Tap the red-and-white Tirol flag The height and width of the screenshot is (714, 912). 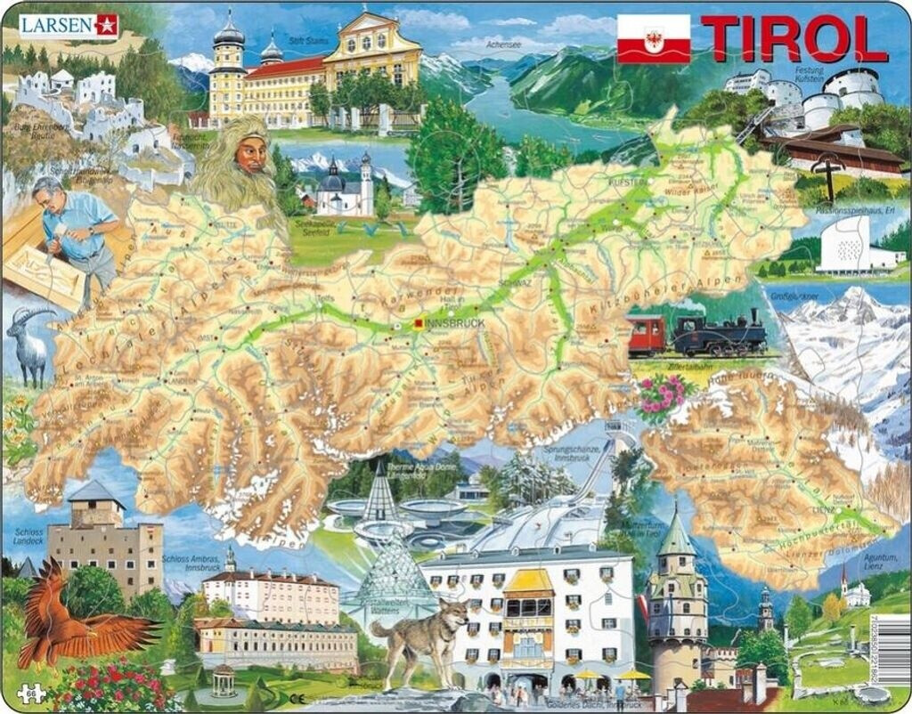click(653, 39)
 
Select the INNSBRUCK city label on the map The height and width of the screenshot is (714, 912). click(455, 323)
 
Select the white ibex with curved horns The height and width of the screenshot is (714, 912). click(31, 343)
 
